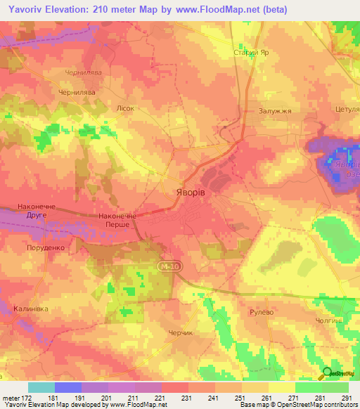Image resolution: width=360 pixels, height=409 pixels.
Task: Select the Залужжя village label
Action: [x=275, y=111]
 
